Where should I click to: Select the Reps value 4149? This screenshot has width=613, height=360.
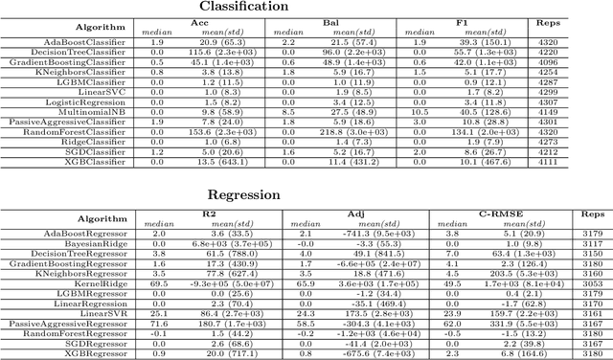click(x=586, y=113)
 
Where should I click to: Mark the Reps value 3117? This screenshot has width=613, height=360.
click(x=586, y=245)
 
